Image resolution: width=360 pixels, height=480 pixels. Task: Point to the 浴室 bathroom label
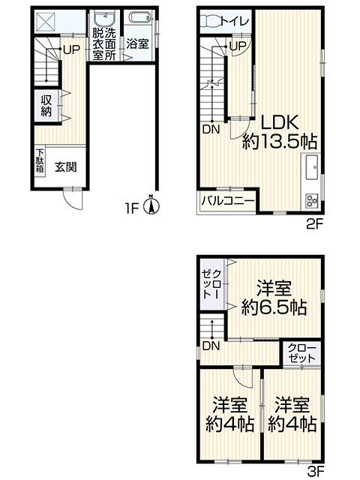pos(136,44)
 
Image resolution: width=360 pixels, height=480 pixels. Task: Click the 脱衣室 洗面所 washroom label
pos(103,44)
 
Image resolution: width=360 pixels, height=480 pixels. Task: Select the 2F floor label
pos(313,223)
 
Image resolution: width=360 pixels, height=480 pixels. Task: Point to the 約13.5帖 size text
pos(279,142)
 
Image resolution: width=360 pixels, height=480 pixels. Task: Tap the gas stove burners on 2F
pos(310,200)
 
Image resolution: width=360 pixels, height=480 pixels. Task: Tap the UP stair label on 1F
pos(71,50)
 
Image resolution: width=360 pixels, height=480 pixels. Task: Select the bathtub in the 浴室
pos(138,19)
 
